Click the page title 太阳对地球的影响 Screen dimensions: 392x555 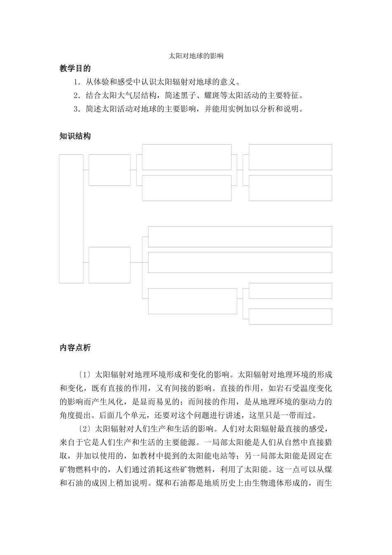[196, 56]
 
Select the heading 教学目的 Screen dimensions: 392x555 [75, 69]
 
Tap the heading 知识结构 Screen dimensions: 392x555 [75, 136]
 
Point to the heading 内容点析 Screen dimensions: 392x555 [75, 348]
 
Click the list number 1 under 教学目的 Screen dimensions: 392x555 [76, 82]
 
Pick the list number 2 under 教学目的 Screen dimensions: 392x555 [76, 96]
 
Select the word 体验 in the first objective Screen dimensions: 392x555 [102, 82]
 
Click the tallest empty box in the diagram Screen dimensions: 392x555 [71, 219]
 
